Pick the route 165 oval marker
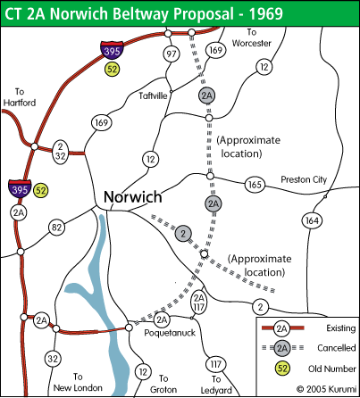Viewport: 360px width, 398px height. [255, 185]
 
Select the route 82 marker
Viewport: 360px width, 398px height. [57, 228]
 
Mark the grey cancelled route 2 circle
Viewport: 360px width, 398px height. [183, 233]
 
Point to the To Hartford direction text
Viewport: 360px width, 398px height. [23, 97]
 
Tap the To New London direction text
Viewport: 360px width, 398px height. [78, 383]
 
